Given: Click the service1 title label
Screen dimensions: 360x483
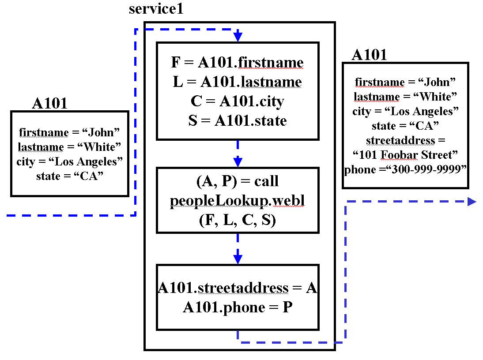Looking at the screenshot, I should click(156, 9).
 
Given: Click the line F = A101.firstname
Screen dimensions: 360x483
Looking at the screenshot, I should click(238, 63).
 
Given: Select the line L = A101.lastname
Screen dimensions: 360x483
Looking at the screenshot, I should click(238, 82).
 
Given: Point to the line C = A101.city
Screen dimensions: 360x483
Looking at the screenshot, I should click(238, 101).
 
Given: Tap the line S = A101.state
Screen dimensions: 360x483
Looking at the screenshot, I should click(238, 121).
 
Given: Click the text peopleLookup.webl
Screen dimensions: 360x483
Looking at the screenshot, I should click(238, 201).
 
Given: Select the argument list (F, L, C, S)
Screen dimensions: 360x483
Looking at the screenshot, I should click(238, 220).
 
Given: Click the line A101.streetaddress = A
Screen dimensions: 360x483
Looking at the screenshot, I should click(238, 288).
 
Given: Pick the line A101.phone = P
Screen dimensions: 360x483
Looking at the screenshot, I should click(238, 307).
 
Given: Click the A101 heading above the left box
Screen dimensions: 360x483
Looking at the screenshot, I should click(50, 103).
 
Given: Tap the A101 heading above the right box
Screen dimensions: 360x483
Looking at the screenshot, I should click(369, 55).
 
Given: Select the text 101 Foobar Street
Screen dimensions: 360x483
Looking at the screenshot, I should click(405, 155).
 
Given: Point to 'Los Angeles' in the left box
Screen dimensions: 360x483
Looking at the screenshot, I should click(94, 162).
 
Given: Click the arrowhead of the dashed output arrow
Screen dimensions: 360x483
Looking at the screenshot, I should click(472, 202).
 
